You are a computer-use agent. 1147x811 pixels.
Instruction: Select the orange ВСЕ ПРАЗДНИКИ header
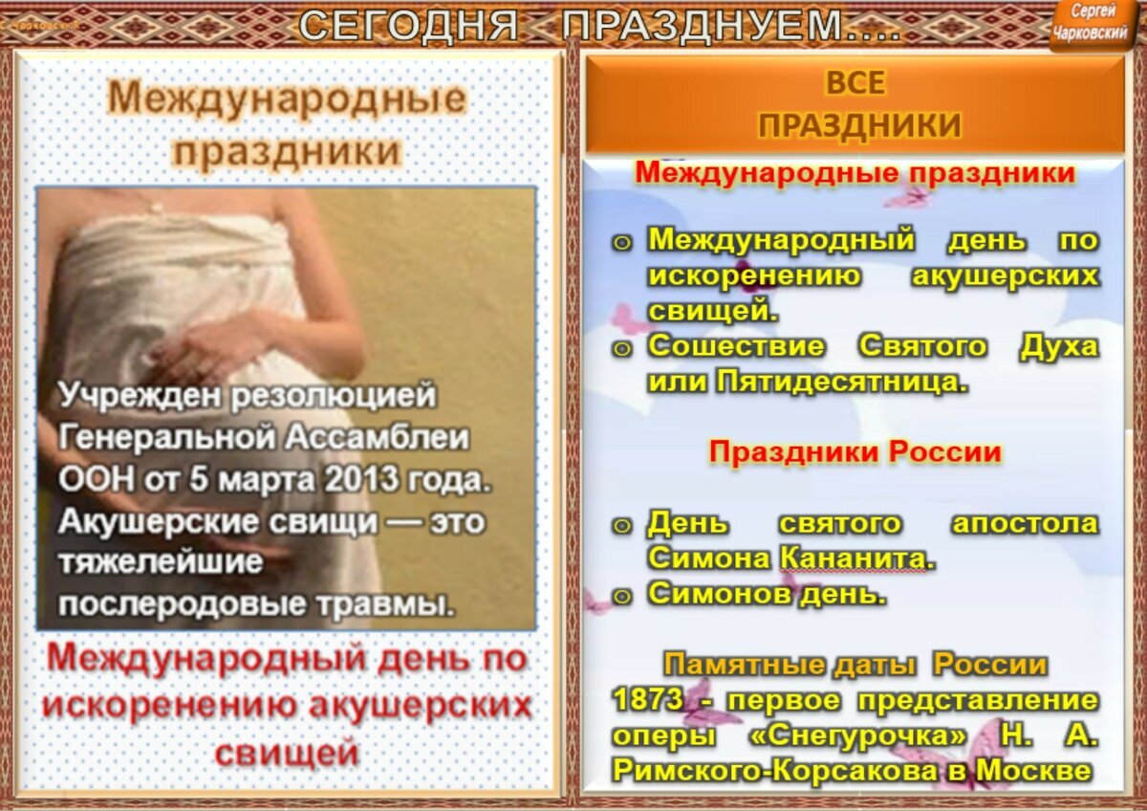(855, 104)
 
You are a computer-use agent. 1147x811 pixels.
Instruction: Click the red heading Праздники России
(855, 452)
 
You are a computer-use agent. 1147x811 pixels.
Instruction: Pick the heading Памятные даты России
(855, 664)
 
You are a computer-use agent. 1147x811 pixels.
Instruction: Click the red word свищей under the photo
(286, 753)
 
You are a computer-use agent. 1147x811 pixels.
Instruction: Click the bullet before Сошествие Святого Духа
(622, 347)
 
